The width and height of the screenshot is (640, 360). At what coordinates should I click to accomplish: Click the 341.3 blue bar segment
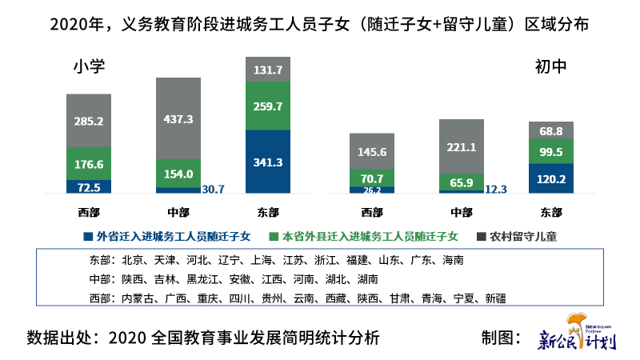point(268,161)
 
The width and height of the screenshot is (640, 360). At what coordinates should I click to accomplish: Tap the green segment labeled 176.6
point(89,164)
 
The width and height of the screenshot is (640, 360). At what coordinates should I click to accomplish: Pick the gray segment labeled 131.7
point(268,70)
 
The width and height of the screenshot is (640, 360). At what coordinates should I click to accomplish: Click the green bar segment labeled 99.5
point(551,151)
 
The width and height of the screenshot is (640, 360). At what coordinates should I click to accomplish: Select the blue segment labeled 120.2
point(551,178)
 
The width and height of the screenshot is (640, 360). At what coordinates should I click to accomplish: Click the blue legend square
point(87,236)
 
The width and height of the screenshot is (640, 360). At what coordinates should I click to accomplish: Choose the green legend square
point(273,236)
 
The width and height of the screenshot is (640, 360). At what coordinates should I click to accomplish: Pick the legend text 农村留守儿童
point(523,236)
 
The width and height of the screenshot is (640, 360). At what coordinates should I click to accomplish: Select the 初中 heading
point(550,67)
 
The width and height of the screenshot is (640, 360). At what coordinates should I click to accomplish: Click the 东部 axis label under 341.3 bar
point(268,212)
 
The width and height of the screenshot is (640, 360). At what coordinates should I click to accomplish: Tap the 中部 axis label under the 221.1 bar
point(462,212)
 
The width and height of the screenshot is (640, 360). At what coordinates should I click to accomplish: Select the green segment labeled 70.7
point(372,178)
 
